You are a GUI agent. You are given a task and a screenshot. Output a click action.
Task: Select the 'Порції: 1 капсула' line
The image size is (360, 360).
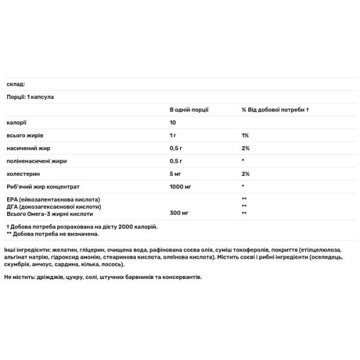coord(31,97)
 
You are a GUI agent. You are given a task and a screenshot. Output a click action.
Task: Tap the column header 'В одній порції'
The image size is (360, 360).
coord(189,110)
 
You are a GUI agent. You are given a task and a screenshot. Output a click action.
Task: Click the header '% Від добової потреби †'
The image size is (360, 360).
coord(275,110)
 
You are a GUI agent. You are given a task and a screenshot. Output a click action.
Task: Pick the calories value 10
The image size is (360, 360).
coord(173,123)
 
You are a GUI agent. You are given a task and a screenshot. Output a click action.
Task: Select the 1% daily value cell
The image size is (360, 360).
coord(245,136)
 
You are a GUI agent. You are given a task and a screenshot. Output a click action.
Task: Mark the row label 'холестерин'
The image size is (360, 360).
coord(22,173)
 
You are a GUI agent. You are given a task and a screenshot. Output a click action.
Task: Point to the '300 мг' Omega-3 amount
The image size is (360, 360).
coord(179,213)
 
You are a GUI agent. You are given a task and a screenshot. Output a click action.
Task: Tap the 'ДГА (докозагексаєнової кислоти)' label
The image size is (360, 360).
coord(52,206)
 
